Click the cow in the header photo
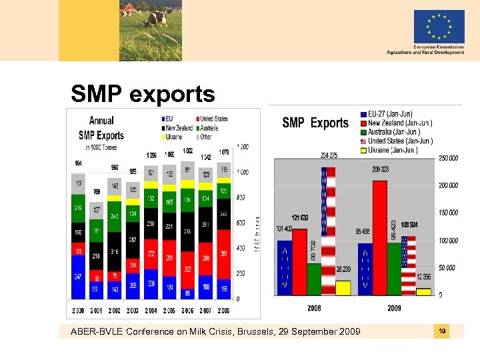tap(155, 17)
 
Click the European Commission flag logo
tap(439, 27)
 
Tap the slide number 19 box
tap(441, 331)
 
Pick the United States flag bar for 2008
tap(329, 230)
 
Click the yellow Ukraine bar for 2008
tap(343, 287)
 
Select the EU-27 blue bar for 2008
tap(285, 267)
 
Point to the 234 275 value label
tap(329, 155)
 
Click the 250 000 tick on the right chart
tap(448, 158)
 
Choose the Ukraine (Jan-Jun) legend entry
tap(396, 150)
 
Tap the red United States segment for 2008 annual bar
tap(223, 253)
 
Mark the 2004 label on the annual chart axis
tap(151, 311)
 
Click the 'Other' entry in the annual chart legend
tap(203, 137)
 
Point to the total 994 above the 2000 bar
tap(79, 163)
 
